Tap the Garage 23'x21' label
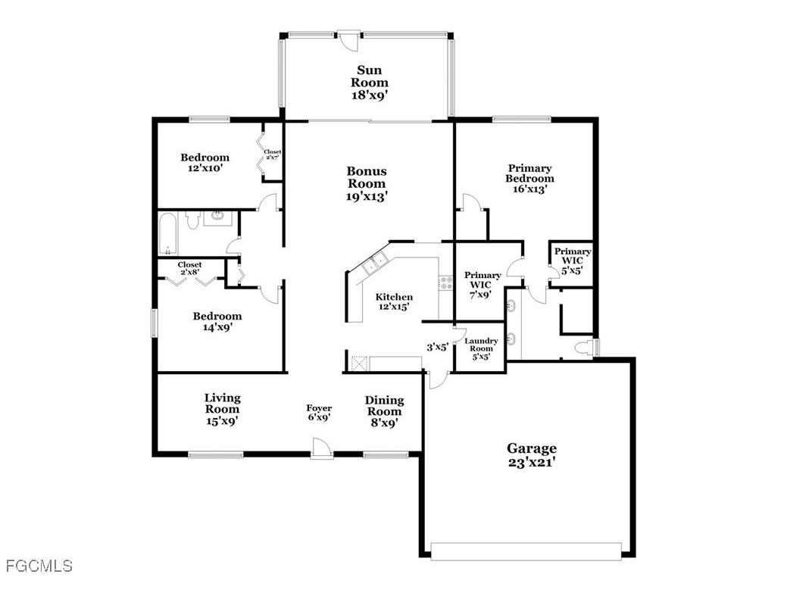tap(531, 454)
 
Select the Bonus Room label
tap(367, 183)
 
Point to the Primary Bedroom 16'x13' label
tap(529, 179)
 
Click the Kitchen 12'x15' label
tap(394, 301)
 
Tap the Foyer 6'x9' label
tap(319, 413)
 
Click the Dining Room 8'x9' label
tap(384, 411)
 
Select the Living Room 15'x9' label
tap(222, 408)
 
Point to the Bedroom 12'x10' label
tap(205, 163)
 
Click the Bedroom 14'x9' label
tap(217, 322)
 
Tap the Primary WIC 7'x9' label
tap(483, 285)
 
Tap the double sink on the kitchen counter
tap(375, 263)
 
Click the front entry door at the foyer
tap(321, 452)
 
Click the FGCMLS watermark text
tap(39, 566)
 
